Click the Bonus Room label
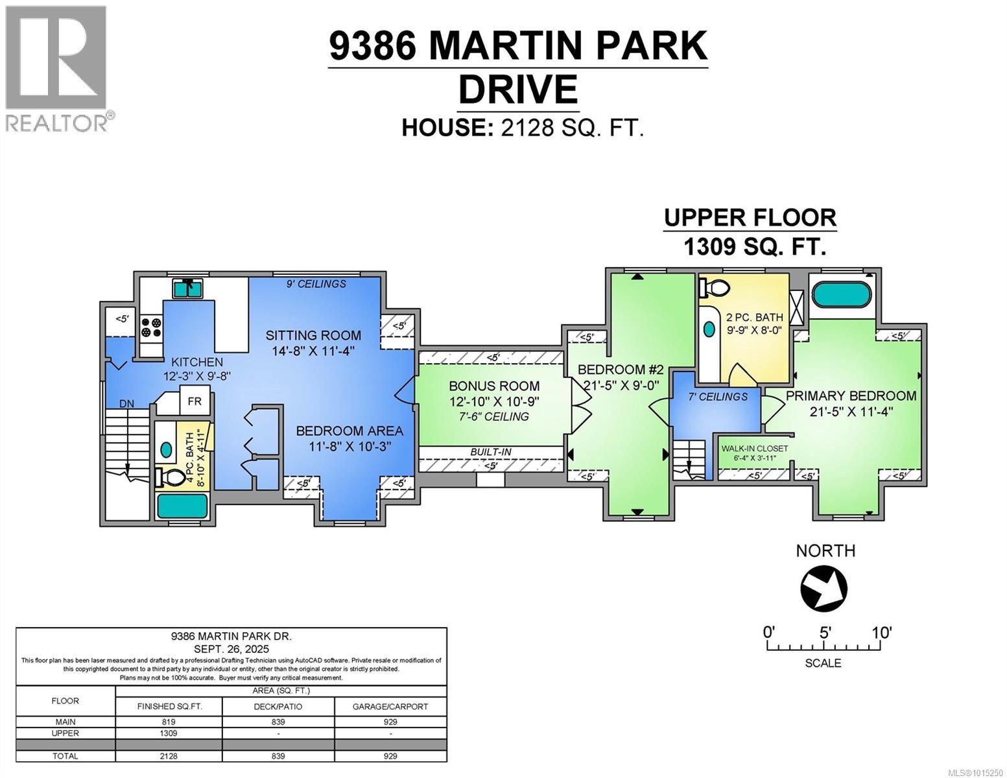coord(494,386)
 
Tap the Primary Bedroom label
coord(851,395)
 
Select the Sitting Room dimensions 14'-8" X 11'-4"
coord(313,351)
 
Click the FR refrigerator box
coord(195,401)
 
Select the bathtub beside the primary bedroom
coord(843,294)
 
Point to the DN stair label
coord(126,404)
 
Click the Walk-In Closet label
coord(754,448)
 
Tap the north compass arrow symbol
coord(824,589)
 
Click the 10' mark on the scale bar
coord(881,632)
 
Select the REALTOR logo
coord(56,68)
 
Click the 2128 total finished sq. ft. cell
coord(168,755)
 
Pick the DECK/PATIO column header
coord(278,706)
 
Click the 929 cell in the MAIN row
coord(390,722)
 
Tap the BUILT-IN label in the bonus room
coord(491,452)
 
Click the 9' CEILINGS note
coord(317,283)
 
